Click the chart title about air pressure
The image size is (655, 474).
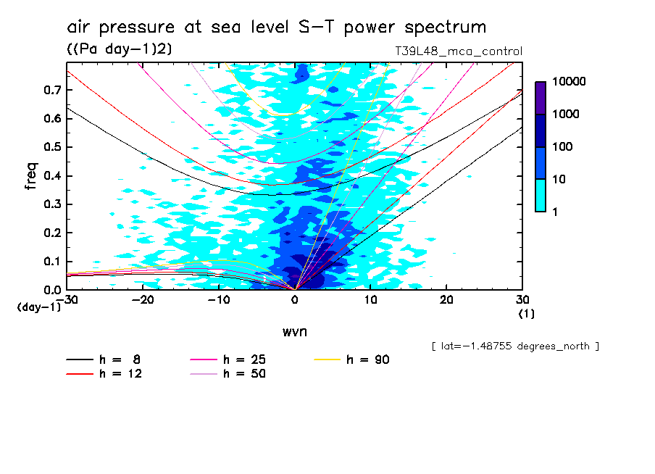point(276,28)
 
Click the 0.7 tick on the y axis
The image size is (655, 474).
point(52,90)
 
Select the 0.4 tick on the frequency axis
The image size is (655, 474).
point(52,176)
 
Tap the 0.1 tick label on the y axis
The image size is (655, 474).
point(52,262)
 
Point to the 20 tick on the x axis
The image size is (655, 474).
point(446,300)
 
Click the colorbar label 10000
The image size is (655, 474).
point(570,82)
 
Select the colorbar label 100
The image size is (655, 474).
point(563,147)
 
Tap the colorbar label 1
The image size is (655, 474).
point(556,211)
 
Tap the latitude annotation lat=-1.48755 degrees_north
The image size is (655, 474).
point(515,346)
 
